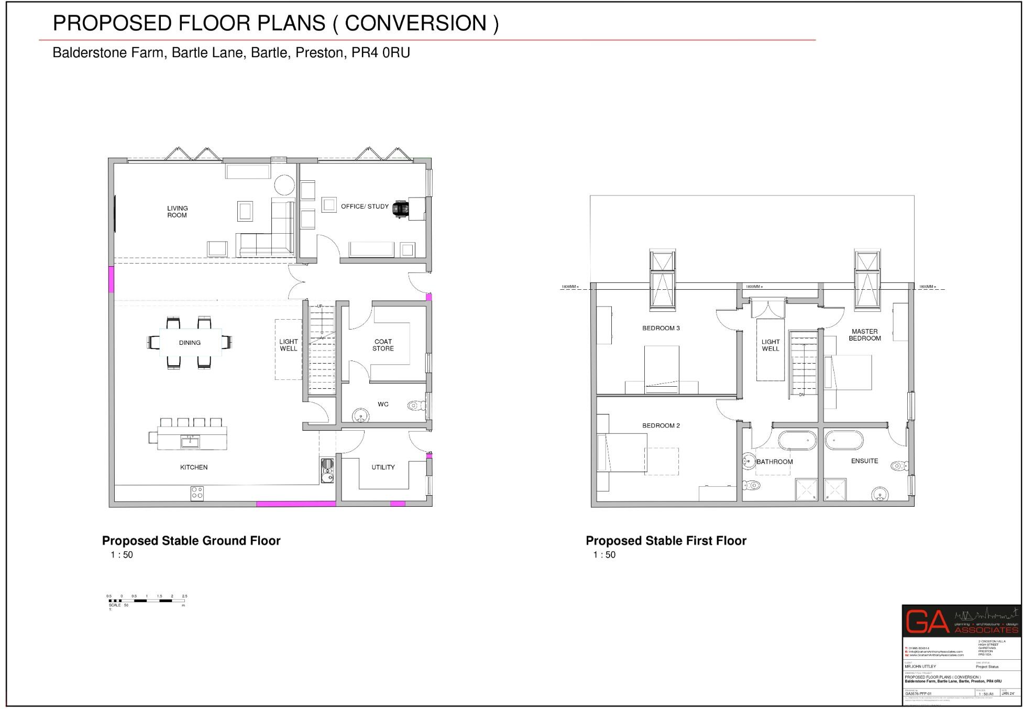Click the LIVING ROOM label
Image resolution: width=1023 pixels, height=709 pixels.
[x=177, y=212]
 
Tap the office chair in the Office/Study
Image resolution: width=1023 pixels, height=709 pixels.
[x=400, y=208]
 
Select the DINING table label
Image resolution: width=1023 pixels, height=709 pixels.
[x=190, y=343]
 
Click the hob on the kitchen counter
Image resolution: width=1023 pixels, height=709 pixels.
[x=197, y=493]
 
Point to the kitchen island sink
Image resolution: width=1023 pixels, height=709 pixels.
[x=190, y=442]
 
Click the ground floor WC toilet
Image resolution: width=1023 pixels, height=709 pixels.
[x=417, y=405]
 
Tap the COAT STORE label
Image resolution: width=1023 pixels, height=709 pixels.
[x=383, y=345]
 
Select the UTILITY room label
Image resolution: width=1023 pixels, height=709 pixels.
[x=383, y=467]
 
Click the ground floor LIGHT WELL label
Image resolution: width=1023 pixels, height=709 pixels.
[x=288, y=345]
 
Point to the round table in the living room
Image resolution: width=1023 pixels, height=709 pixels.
[x=284, y=184]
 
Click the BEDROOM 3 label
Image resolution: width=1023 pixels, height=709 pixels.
[x=661, y=328]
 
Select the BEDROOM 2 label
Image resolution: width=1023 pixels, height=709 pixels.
[x=661, y=426]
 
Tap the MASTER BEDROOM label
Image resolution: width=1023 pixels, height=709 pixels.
[x=864, y=335]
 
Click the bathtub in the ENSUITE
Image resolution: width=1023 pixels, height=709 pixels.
[x=844, y=440]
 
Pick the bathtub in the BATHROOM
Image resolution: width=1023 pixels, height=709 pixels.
[x=797, y=440]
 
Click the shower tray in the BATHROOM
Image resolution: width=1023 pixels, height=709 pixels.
[x=806, y=489]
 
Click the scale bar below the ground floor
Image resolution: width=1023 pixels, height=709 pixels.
[x=147, y=601]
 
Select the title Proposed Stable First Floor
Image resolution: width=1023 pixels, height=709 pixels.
[x=666, y=541]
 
